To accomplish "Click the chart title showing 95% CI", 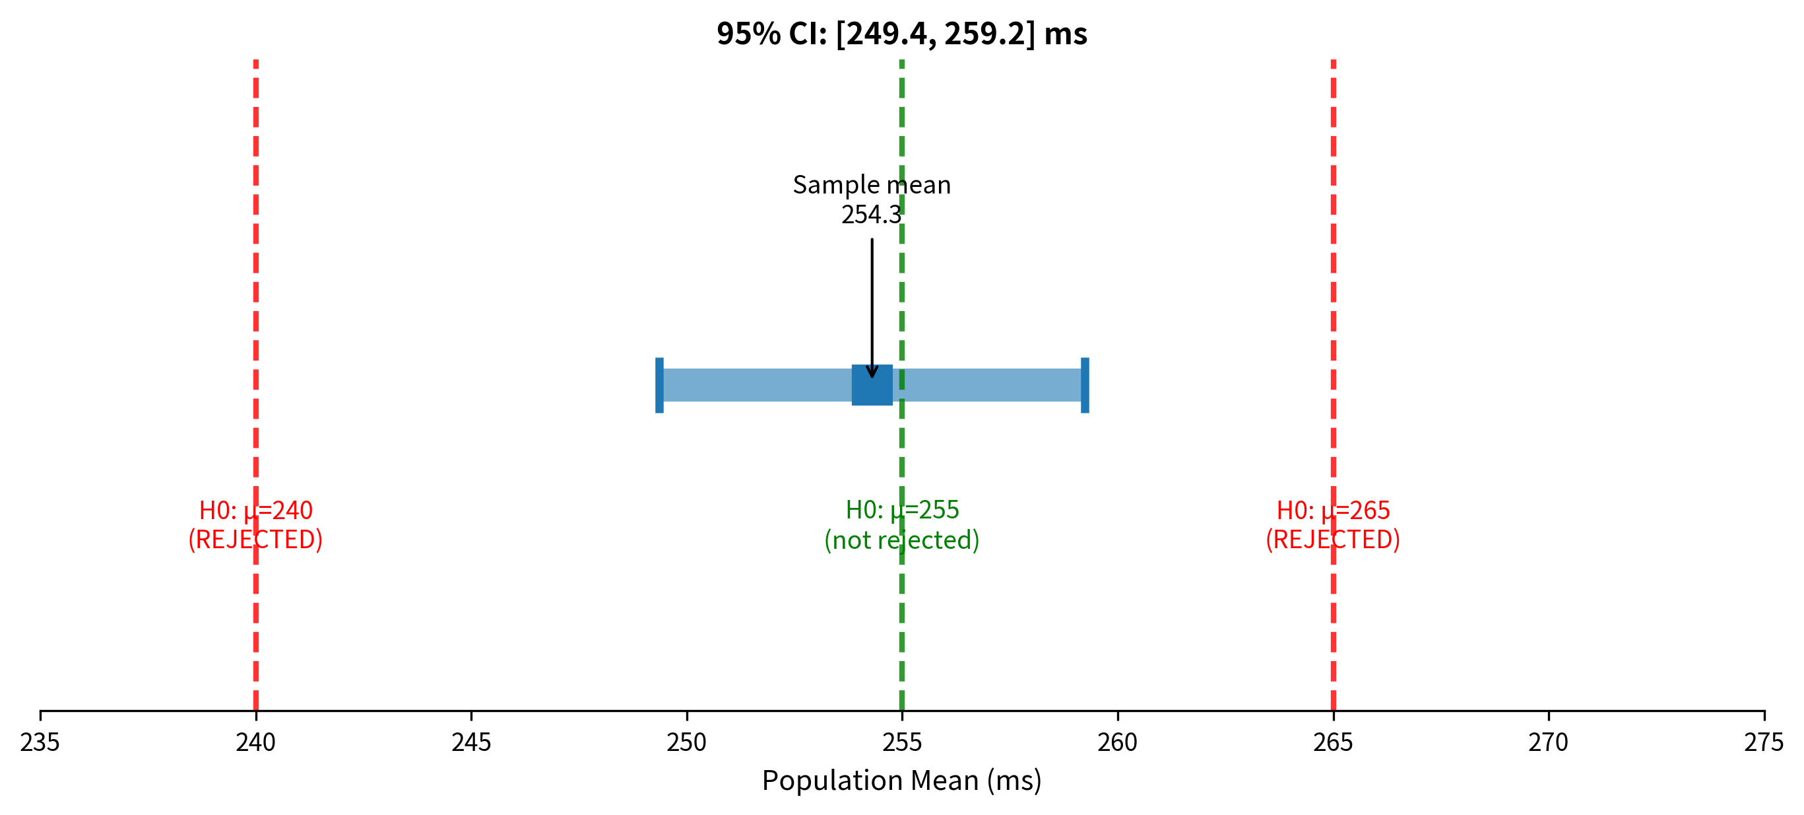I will click(x=901, y=34).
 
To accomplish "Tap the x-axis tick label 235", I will click(x=40, y=742).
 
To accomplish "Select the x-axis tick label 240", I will click(x=255, y=742).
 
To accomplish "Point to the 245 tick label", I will click(x=470, y=742).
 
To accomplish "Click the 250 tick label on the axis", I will click(x=686, y=742).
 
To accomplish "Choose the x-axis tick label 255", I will click(x=902, y=742).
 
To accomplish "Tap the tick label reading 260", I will click(x=1117, y=742).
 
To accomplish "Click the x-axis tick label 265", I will click(x=1333, y=742).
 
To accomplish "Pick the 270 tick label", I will click(x=1549, y=742).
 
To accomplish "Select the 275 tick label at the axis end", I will click(x=1763, y=742).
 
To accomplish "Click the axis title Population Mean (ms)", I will click(x=901, y=781).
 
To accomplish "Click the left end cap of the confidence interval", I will click(x=659, y=385).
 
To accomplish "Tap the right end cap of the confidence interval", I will click(x=1085, y=385).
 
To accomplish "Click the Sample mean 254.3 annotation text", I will click(x=871, y=199).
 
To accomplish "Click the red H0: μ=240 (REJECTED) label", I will click(x=255, y=525).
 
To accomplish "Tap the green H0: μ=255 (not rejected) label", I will click(x=901, y=525).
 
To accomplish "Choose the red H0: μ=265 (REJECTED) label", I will click(x=1333, y=525).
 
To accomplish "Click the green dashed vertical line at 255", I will click(x=902, y=631).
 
